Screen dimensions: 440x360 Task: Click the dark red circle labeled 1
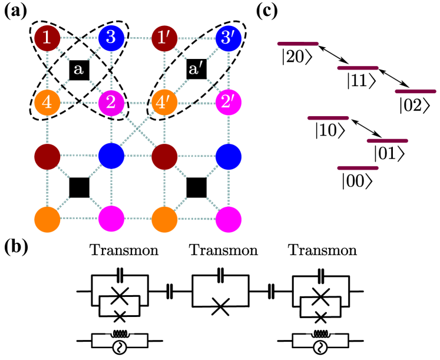tap(47, 38)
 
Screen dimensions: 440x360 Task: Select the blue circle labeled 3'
tap(229, 38)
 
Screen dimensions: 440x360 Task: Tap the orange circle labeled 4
tap(47, 102)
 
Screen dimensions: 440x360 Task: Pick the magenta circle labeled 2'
tap(229, 102)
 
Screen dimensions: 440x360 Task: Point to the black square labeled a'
tap(196, 69)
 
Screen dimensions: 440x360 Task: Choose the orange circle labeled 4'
tap(164, 102)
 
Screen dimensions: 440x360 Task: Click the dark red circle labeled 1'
tap(164, 38)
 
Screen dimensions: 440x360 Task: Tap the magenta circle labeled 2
tap(111, 102)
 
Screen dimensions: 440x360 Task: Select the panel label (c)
tap(267, 11)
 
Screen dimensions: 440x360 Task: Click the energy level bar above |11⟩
tap(358, 68)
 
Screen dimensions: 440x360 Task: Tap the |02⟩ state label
tap(415, 106)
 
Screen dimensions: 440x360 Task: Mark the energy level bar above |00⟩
tap(358, 168)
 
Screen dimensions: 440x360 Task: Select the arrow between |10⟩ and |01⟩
tap(366, 128)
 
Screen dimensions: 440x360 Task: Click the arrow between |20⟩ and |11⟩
tap(333, 54)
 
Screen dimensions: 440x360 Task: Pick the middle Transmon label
tap(224, 250)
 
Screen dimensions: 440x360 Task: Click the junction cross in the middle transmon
tap(220, 306)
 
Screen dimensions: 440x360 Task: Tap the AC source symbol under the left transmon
tap(120, 348)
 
